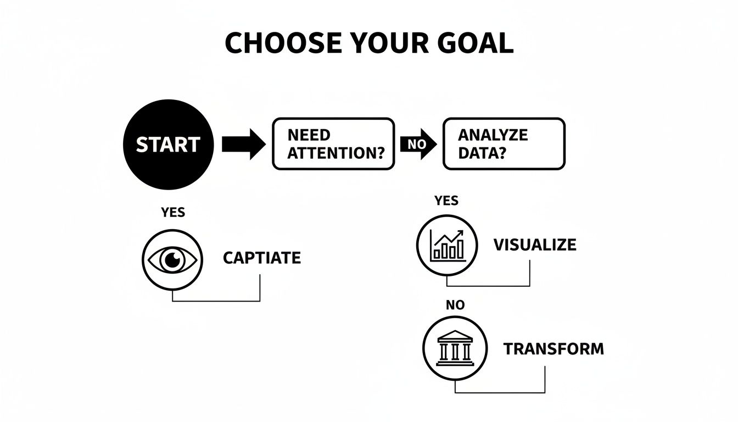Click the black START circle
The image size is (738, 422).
pyautogui.click(x=167, y=144)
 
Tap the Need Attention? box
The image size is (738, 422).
pyautogui.click(x=333, y=143)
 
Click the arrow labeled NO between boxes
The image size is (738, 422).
pyautogui.click(x=418, y=145)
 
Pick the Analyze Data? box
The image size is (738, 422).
pyautogui.click(x=504, y=143)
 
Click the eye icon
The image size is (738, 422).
pyautogui.click(x=172, y=259)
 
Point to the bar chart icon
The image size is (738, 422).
pyautogui.click(x=448, y=245)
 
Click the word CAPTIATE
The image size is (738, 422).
pyautogui.click(x=262, y=258)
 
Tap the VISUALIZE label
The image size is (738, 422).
pyautogui.click(x=535, y=245)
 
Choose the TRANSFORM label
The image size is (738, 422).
pyautogui.click(x=553, y=349)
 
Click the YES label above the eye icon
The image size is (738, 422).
pyautogui.click(x=173, y=213)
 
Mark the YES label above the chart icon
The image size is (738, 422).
pyautogui.click(x=446, y=201)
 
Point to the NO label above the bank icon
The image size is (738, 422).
pyautogui.click(x=455, y=305)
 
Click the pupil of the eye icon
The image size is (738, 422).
pyautogui.click(x=172, y=259)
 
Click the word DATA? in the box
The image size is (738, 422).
pyautogui.click(x=481, y=152)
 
